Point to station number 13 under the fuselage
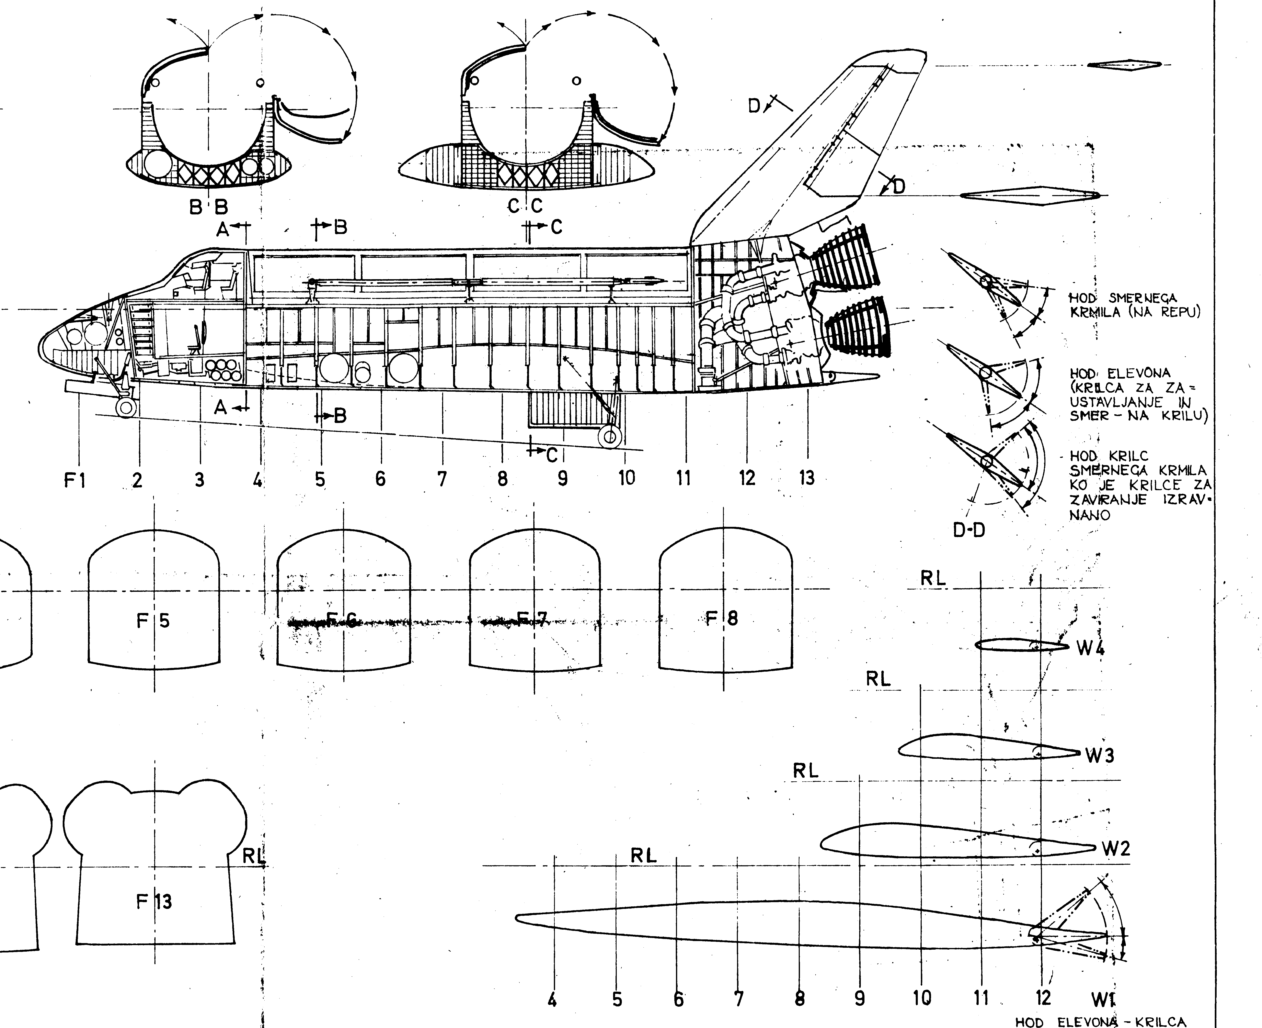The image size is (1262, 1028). pos(807,477)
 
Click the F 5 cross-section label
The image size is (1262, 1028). pos(153,620)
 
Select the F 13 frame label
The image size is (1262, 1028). pos(154,901)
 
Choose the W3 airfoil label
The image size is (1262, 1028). pos(1099,756)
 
